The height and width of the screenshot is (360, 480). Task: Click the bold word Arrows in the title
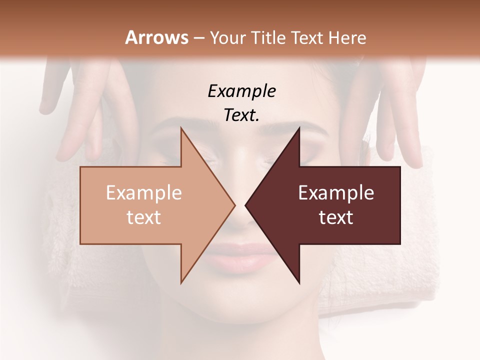pos(157,37)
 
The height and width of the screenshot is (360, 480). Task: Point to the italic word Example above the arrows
pos(242,91)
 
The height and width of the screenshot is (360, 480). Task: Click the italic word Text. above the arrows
pos(242,115)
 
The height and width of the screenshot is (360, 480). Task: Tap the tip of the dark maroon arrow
pos(246,205)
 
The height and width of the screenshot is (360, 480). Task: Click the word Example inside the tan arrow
pos(144,193)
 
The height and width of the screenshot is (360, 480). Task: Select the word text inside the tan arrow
pos(144,217)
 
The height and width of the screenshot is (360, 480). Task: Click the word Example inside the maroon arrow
pos(336,193)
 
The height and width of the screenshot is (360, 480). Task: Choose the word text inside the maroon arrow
pos(336,217)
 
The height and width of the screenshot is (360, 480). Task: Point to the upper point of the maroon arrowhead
pos(299,128)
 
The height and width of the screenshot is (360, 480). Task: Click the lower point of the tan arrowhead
pos(181,282)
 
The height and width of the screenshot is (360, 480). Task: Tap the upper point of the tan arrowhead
pos(181,128)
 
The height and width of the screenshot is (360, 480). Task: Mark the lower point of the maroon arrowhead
pos(299,282)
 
